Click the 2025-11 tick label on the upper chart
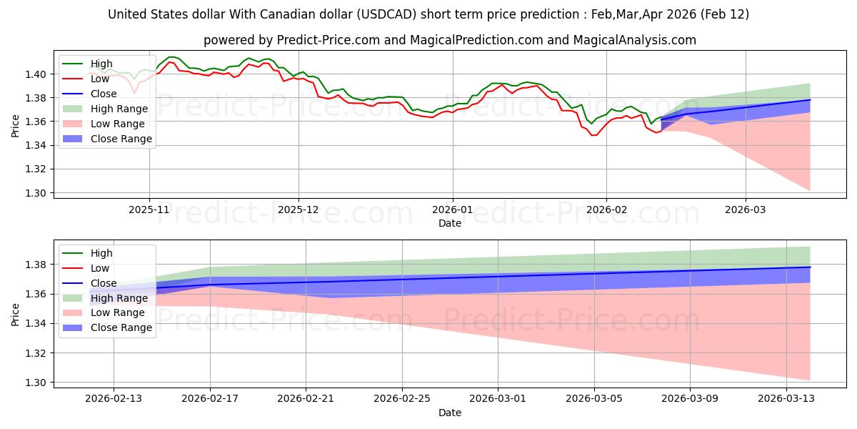pos(149,210)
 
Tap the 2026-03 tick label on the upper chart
pos(746,210)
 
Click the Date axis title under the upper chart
pos(450,223)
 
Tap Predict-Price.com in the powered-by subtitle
pos(328,40)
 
